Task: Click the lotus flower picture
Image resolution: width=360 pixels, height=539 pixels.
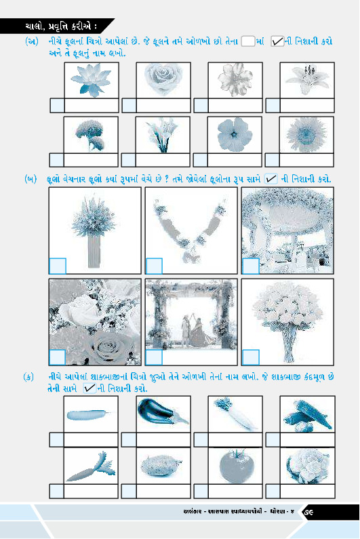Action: [x=91, y=80]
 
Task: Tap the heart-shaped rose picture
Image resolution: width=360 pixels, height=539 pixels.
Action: [x=163, y=79]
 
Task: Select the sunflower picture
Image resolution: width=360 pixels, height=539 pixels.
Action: [x=306, y=134]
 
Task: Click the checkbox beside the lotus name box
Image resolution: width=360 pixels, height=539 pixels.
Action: [x=57, y=106]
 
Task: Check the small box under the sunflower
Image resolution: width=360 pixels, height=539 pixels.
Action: [x=272, y=160]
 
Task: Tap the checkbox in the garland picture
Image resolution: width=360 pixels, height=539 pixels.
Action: [x=154, y=266]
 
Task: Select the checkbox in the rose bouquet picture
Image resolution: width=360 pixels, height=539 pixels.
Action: [x=251, y=357]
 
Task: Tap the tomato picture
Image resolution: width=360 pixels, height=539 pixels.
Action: [x=235, y=467]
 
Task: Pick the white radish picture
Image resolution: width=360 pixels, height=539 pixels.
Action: [x=235, y=413]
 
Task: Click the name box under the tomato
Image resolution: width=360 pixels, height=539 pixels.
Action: [x=235, y=492]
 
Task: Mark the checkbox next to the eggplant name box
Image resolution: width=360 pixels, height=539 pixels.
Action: [x=129, y=439]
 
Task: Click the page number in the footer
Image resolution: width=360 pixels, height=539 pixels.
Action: [x=308, y=512]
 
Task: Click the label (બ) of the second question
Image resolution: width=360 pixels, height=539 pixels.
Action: [x=31, y=179]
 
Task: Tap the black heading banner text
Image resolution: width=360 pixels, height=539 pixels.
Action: [x=60, y=26]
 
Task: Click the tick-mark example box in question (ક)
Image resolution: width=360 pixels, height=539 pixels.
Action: [x=89, y=388]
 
